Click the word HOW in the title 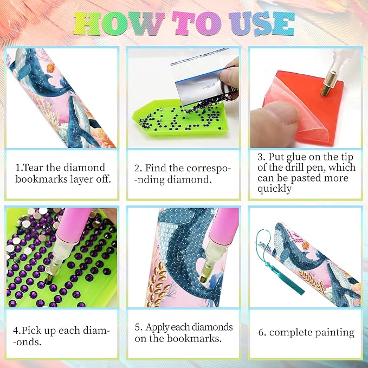click(x=119, y=23)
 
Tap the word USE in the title click(x=262, y=23)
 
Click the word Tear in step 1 click(x=34, y=167)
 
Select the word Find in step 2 click(x=154, y=168)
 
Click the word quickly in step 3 click(x=274, y=189)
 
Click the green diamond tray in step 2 click(x=180, y=118)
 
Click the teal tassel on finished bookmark click(x=280, y=265)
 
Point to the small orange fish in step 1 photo click(x=50, y=68)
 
